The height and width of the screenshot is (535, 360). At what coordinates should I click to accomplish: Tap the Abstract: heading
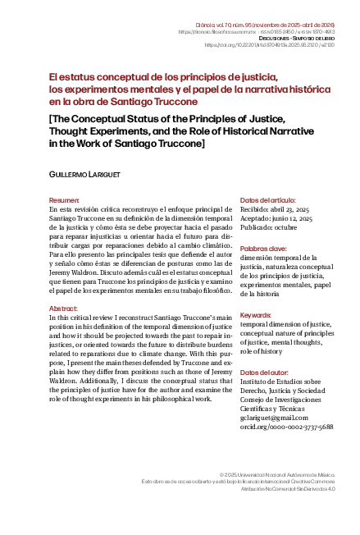click(x=64, y=308)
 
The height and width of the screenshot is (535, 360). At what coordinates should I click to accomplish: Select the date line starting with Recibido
click(x=275, y=211)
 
